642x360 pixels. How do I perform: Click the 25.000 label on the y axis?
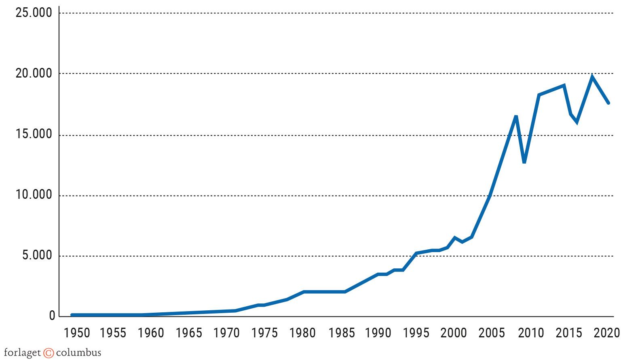point(34,13)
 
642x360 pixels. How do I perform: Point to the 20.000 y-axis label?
point(34,74)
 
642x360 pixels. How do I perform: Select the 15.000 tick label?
point(34,134)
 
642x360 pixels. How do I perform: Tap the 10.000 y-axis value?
point(34,195)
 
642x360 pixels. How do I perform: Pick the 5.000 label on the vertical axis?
point(37,255)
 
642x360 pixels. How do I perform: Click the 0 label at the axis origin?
point(52,316)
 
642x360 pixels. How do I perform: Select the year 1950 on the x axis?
point(77,333)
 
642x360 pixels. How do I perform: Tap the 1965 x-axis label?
point(189,333)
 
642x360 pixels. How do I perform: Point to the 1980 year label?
point(302,333)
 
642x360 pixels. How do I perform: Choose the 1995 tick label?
point(416,333)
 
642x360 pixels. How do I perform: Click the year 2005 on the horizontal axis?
point(492,333)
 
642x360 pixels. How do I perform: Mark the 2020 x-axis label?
point(607,333)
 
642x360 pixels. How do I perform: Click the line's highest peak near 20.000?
point(592,76)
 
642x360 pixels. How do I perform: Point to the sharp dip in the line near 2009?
point(524,162)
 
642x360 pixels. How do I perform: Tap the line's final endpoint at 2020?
point(608,103)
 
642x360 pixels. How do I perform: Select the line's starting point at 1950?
point(72,315)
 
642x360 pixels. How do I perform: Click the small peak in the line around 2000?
point(455,238)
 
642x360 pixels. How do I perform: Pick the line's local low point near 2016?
point(577,122)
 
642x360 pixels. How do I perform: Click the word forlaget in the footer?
point(22,352)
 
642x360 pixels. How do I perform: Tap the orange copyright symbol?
point(49,353)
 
